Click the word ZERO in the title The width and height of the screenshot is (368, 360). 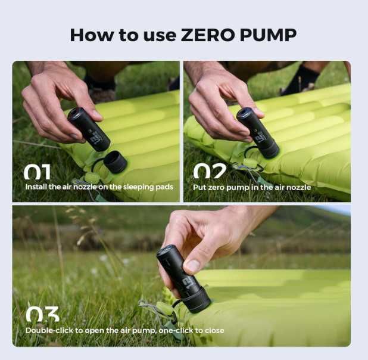coord(208,35)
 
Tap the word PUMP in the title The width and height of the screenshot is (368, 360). coord(268,35)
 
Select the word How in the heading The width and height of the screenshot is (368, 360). coord(91,35)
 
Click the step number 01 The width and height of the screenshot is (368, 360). coord(37,172)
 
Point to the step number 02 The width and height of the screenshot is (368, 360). coord(210,171)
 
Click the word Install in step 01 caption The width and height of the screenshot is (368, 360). coord(36,187)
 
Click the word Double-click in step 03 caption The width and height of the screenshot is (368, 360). coord(49,330)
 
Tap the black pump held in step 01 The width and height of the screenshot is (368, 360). coord(89,129)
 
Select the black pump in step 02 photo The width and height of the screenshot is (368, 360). coord(258,134)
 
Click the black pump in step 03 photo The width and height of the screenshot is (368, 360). coord(183,279)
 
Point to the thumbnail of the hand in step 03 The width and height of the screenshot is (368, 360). coord(193,266)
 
